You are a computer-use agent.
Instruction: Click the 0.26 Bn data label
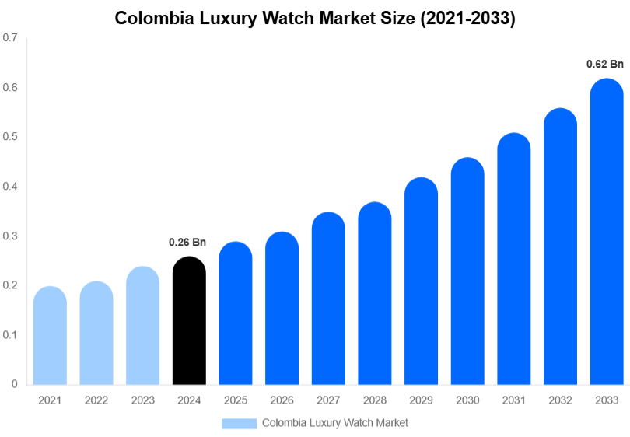click(187, 243)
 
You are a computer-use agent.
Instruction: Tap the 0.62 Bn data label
click(604, 64)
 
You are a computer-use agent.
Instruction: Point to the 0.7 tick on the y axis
click(10, 37)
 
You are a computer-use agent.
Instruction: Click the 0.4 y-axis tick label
click(10, 186)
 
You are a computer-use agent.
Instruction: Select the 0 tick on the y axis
click(14, 384)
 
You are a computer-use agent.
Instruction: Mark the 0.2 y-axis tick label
click(10, 285)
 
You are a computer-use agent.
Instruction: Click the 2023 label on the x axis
click(142, 400)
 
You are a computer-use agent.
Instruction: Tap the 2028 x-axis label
click(375, 400)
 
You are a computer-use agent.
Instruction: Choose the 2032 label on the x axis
click(560, 400)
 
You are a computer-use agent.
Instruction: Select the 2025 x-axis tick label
click(236, 400)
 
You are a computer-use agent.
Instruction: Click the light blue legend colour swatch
click(239, 423)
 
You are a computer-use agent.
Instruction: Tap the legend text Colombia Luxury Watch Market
click(334, 423)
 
